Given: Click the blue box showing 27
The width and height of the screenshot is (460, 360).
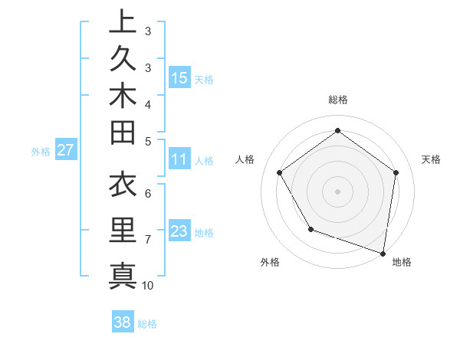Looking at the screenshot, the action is click(66, 150).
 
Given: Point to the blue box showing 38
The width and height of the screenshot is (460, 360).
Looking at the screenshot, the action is click(123, 322).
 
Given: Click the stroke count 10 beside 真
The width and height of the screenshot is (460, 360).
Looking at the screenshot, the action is click(148, 286).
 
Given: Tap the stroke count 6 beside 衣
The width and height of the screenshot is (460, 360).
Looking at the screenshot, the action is click(148, 195).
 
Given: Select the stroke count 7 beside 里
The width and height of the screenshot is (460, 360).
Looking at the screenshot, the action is click(148, 240).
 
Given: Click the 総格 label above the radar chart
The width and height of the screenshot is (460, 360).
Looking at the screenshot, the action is click(337, 100).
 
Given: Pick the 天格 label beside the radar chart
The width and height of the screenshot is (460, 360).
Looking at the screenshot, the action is click(432, 159).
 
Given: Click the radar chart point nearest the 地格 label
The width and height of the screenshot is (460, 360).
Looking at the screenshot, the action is click(383, 253).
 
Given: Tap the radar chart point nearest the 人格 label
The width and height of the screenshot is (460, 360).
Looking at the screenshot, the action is click(280, 173).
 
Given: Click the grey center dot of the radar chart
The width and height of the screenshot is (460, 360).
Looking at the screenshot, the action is click(337, 191).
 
